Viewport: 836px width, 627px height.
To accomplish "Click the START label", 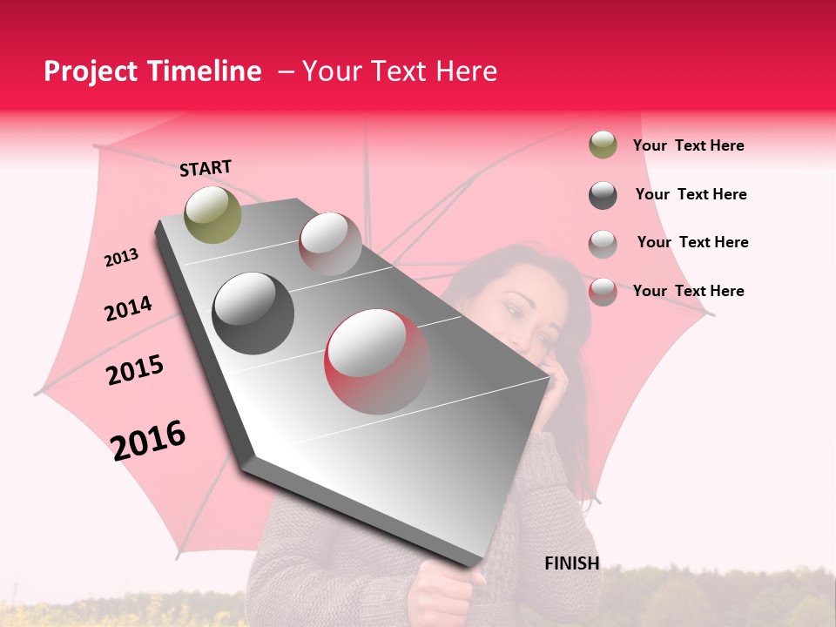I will tap(206, 168).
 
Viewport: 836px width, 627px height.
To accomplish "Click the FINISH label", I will tap(571, 563).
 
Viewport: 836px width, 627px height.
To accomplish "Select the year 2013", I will tap(121, 257).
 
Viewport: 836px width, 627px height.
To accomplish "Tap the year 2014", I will tap(128, 308).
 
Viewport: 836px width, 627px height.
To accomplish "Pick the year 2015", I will tap(134, 370).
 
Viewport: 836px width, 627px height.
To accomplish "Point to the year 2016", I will tap(148, 440).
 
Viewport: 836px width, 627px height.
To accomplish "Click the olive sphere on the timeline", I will tap(212, 214).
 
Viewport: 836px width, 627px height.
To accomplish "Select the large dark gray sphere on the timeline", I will tap(253, 313).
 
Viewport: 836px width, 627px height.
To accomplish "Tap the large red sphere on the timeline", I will tap(376, 361).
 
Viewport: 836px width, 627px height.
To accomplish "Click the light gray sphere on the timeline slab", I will tap(330, 244).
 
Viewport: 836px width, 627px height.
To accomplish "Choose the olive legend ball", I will tap(603, 145).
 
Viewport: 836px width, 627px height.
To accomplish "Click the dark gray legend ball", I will tap(603, 195).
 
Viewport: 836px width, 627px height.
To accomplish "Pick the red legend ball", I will tap(603, 292).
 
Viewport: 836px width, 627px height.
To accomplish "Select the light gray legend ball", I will tap(603, 243).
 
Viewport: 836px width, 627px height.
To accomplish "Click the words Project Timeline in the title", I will tap(152, 71).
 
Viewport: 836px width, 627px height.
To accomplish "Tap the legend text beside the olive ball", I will tap(688, 145).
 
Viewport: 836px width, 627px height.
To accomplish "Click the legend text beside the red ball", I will tap(688, 291).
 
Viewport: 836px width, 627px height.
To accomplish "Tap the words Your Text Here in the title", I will tap(399, 71).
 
